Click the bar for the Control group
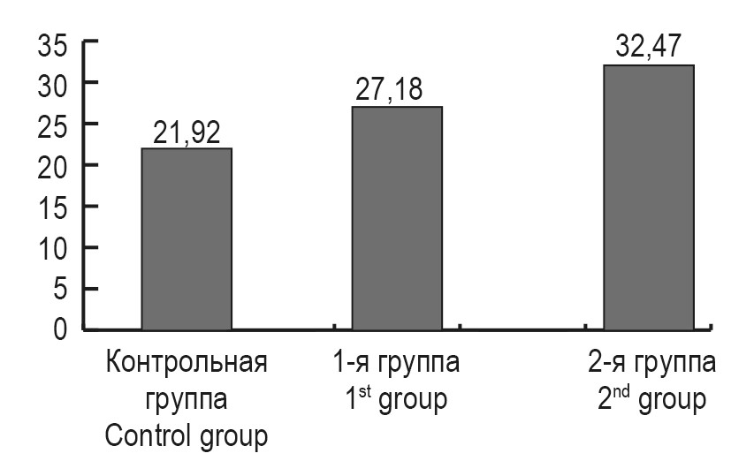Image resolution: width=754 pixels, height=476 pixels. (x=187, y=238)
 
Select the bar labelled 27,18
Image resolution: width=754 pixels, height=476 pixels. (x=398, y=218)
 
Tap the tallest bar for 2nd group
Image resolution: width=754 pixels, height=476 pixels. (x=649, y=197)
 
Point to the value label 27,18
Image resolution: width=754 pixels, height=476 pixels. (x=398, y=92)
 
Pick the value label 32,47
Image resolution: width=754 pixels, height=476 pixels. (x=649, y=48)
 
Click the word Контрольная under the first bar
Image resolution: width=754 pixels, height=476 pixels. (x=187, y=364)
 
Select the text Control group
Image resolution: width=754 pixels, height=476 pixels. (x=187, y=436)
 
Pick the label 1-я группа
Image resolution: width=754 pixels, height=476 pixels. (x=397, y=364)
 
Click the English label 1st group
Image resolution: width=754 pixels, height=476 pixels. (x=397, y=399)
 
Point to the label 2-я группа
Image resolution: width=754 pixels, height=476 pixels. (x=650, y=364)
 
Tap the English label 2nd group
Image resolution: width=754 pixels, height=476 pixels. (x=650, y=399)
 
